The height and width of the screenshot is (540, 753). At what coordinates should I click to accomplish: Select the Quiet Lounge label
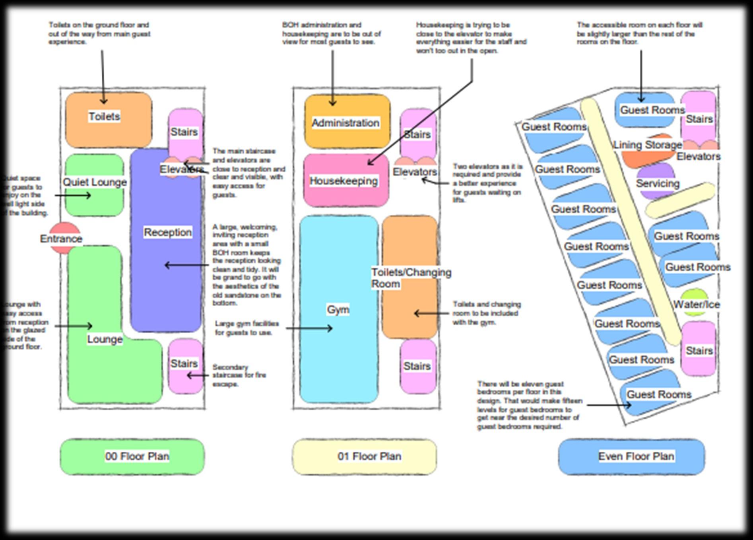click(95, 182)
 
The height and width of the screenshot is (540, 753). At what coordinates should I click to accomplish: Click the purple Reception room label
click(167, 232)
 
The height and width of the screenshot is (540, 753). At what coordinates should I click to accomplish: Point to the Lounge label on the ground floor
click(105, 339)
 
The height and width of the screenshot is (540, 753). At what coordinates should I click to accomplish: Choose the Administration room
click(345, 122)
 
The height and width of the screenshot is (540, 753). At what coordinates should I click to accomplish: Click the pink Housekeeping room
click(344, 181)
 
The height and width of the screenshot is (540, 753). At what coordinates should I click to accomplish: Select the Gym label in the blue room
click(338, 309)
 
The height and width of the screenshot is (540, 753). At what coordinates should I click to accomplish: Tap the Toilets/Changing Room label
click(411, 278)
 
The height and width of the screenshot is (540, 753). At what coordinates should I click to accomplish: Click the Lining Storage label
click(647, 145)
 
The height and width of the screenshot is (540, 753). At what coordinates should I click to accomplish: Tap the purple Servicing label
click(658, 183)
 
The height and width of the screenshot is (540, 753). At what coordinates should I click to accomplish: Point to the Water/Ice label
click(696, 305)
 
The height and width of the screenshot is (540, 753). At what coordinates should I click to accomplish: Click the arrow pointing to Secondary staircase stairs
click(197, 375)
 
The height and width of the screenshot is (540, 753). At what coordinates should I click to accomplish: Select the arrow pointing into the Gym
click(309, 328)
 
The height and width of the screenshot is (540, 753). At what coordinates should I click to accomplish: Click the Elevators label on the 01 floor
click(415, 172)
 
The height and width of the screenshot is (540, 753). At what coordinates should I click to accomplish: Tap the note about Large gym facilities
click(246, 328)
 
